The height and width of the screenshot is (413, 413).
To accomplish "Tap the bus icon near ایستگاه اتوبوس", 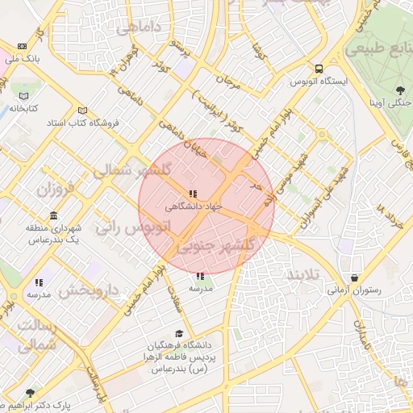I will click(x=320, y=69).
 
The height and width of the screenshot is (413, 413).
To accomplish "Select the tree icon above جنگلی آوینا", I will click(x=401, y=90).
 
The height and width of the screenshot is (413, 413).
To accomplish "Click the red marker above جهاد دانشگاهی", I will click(x=192, y=194).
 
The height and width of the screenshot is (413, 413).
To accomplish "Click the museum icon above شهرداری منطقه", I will click(x=53, y=215).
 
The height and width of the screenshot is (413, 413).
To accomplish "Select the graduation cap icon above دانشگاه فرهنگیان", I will click(x=178, y=334).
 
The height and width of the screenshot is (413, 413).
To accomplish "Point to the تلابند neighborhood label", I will click(x=303, y=275).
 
